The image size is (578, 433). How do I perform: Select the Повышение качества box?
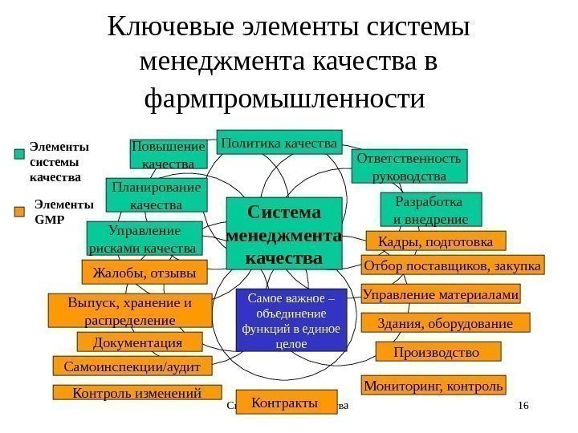click(x=168, y=155)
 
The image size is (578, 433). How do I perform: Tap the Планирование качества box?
click(x=156, y=196)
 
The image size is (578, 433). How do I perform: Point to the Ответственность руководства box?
click(x=409, y=166)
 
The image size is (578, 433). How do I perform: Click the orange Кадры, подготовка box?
click(x=435, y=241)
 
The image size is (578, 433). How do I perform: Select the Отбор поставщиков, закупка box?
click(x=453, y=265)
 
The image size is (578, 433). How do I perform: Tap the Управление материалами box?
click(x=441, y=294)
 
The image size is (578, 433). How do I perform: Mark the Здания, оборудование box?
click(x=446, y=323)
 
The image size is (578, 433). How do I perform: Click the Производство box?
click(x=437, y=352)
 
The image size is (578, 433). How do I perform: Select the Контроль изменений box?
click(x=136, y=392)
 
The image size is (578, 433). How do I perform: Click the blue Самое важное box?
click(x=291, y=320)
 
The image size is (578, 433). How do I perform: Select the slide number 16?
click(x=525, y=407)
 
